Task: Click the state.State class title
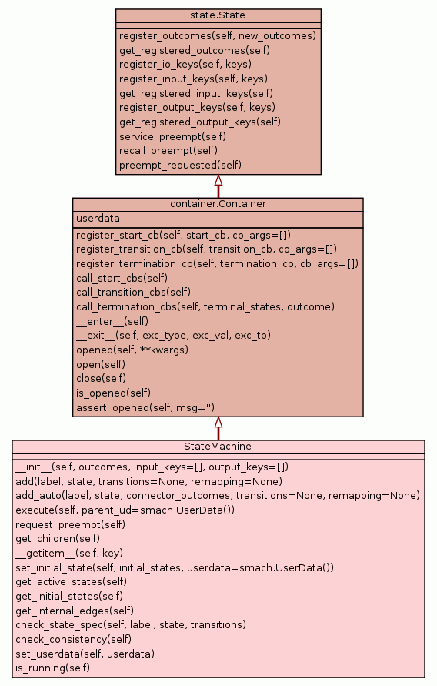218,15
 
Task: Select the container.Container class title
218,204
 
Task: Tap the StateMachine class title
218,447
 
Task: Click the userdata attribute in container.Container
98,219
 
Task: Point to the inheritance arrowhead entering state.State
218,180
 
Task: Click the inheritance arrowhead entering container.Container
218,422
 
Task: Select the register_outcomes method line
218,36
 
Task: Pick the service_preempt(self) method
172,136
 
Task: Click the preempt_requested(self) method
181,166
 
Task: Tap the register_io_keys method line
185,65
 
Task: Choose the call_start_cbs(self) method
122,278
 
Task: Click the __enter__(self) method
112,322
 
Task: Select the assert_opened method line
145,408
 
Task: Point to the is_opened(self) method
113,393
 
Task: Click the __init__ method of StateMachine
152,467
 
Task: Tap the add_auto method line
218,496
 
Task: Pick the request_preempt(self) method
70,524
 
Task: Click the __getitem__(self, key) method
69,554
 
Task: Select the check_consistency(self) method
73,640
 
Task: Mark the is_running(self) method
52,668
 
